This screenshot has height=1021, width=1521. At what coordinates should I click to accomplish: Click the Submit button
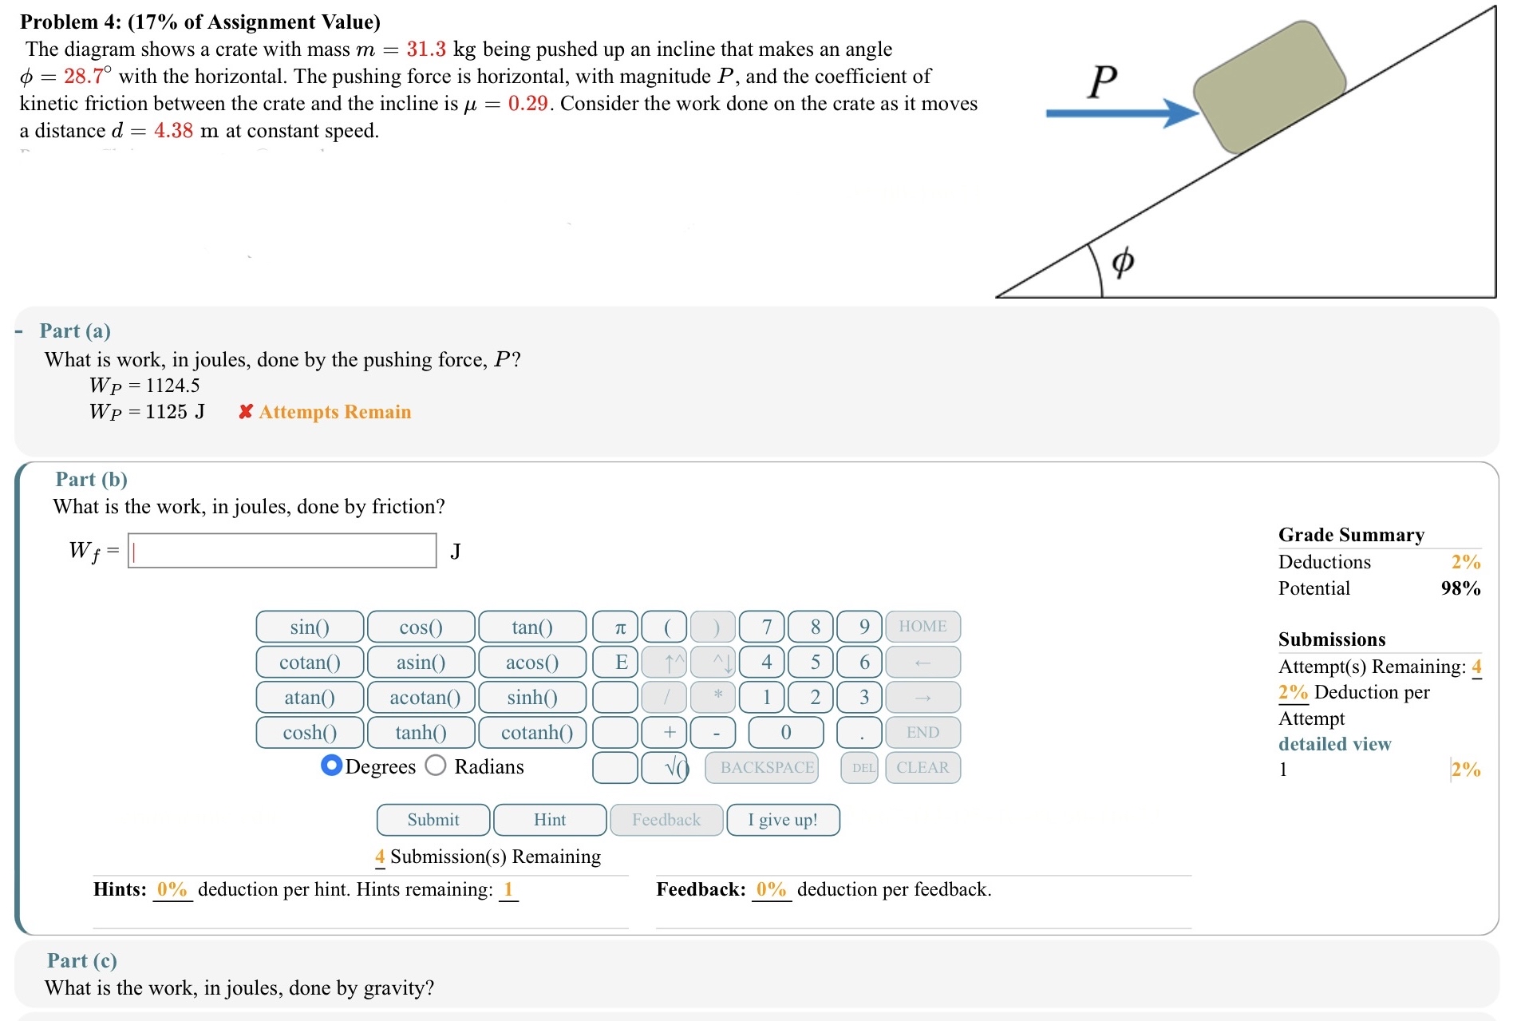[433, 820]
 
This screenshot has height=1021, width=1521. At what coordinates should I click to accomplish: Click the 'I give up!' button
[782, 820]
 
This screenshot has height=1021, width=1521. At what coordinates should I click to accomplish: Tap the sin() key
[310, 627]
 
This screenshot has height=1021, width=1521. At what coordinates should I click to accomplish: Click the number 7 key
[766, 627]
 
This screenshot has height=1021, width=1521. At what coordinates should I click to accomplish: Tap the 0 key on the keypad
[785, 733]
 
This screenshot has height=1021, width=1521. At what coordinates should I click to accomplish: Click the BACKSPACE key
[766, 768]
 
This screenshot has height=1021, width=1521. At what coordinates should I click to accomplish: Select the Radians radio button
[436, 766]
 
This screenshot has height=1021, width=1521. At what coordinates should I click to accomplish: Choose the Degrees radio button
[331, 766]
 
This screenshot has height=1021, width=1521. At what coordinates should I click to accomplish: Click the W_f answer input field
[282, 552]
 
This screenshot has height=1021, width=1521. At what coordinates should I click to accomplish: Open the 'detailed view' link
[1334, 744]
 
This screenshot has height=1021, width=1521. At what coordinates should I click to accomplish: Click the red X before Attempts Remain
[246, 412]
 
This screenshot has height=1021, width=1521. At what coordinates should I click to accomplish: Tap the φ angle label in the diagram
[1123, 261]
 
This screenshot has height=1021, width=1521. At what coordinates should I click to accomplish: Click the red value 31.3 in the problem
[426, 49]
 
